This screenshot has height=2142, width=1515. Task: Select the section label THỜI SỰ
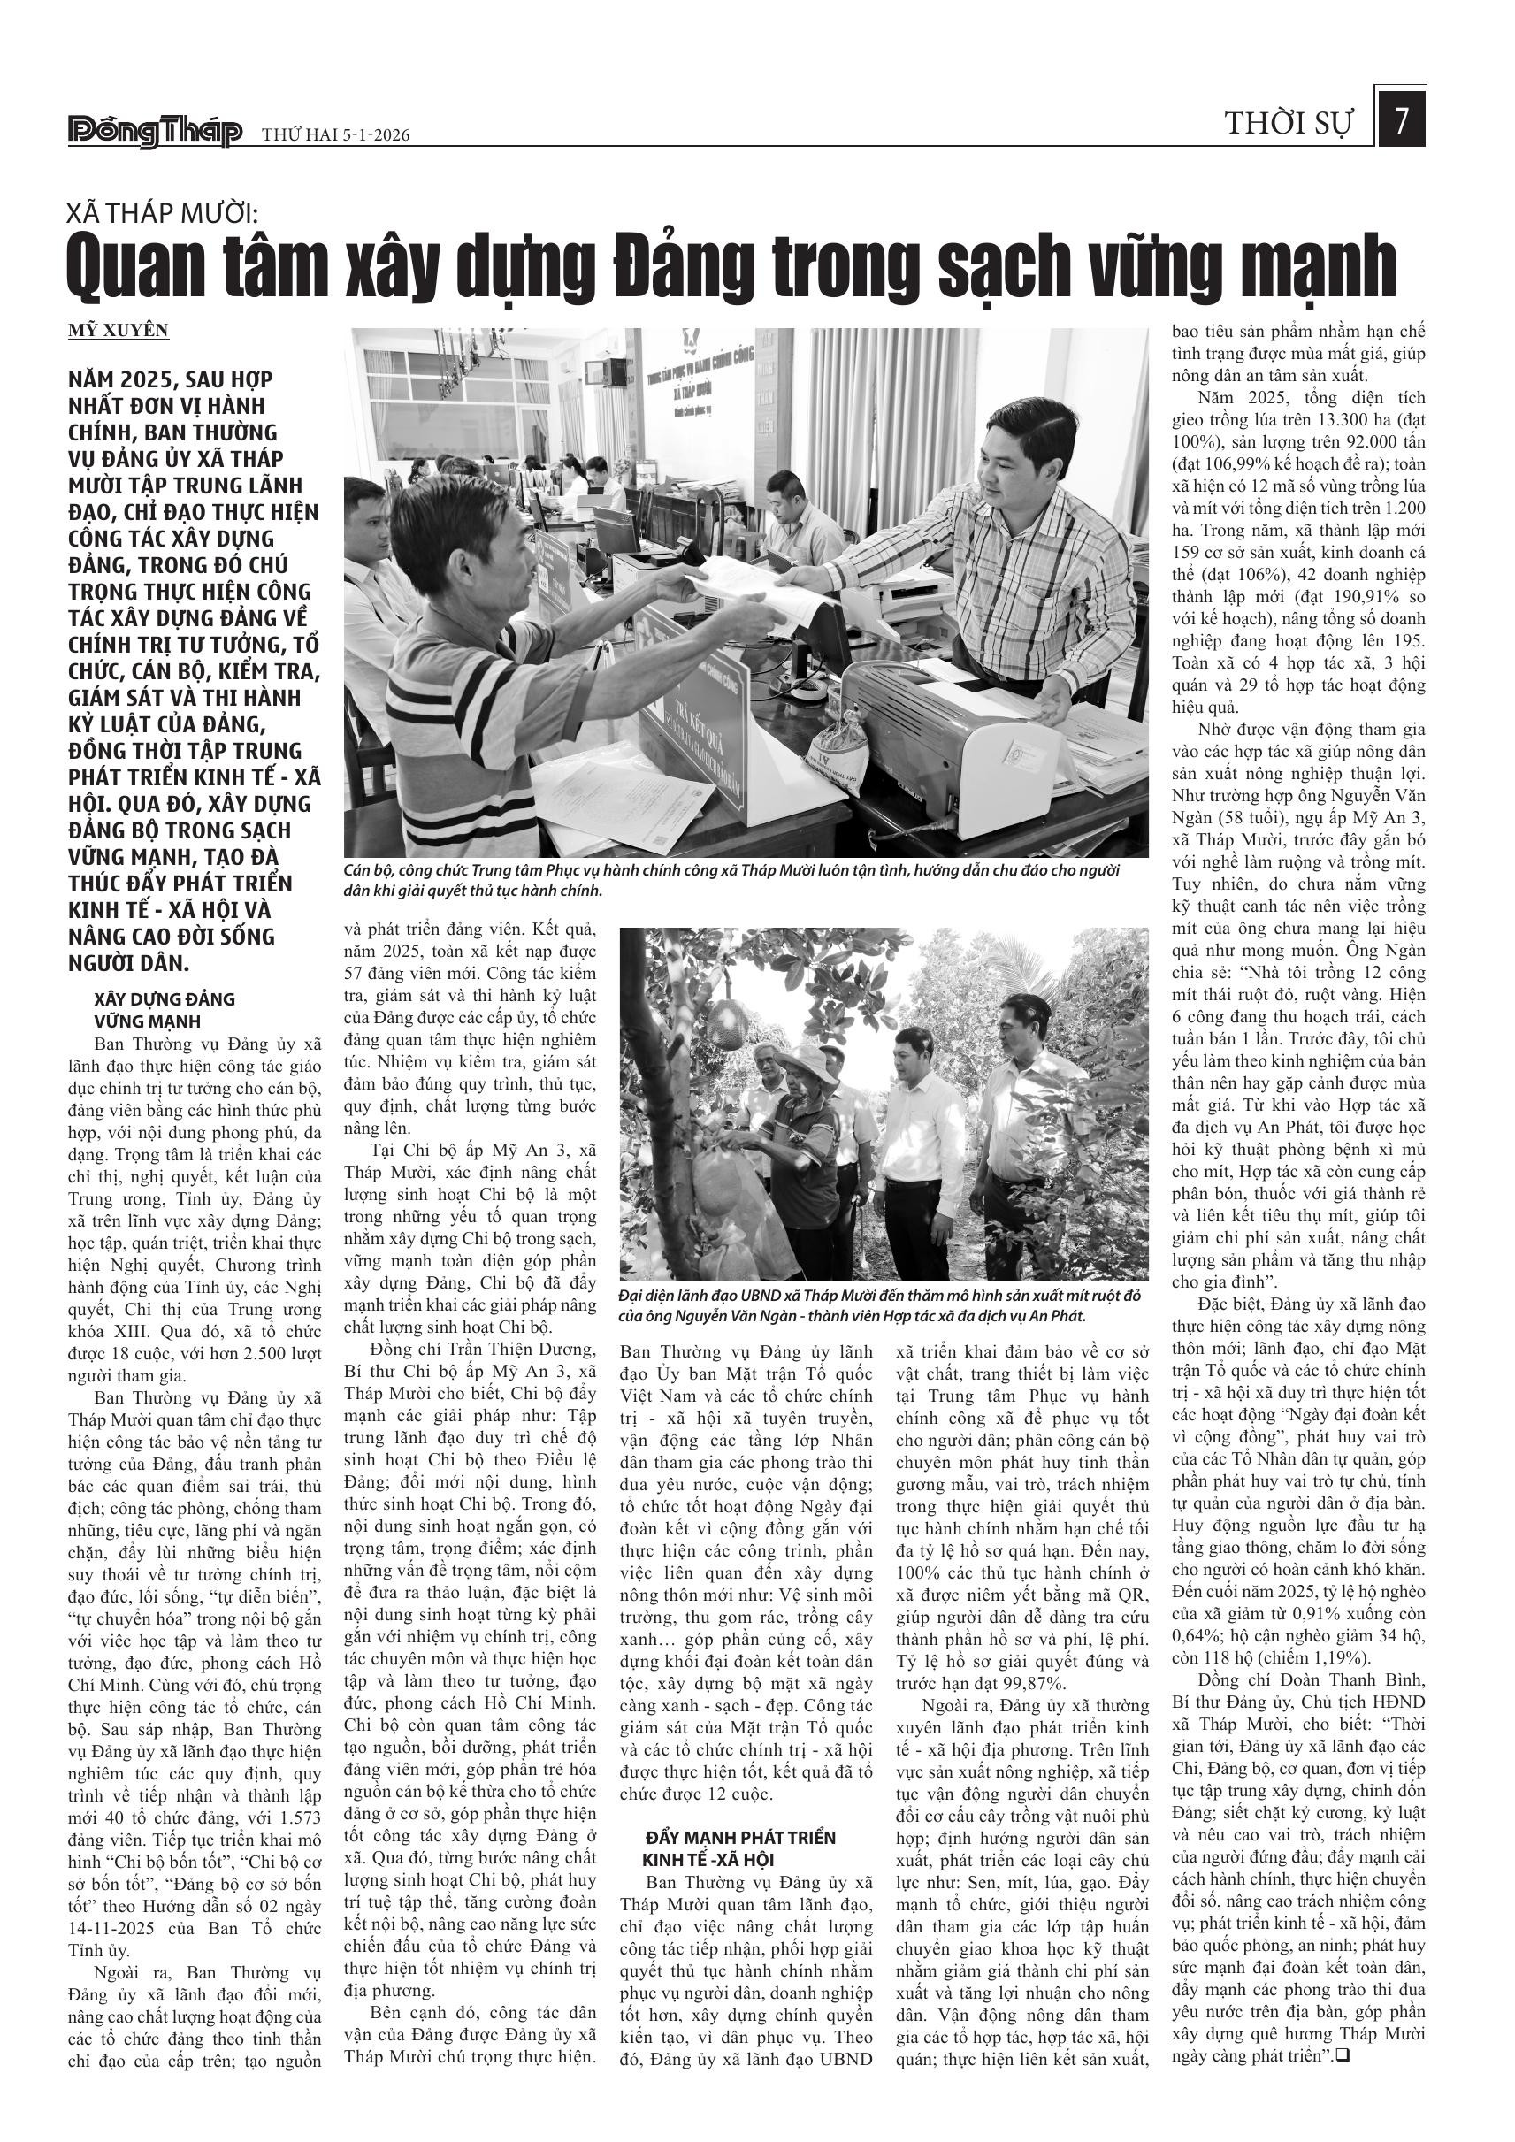1289,123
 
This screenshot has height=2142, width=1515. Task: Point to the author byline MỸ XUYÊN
119,330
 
